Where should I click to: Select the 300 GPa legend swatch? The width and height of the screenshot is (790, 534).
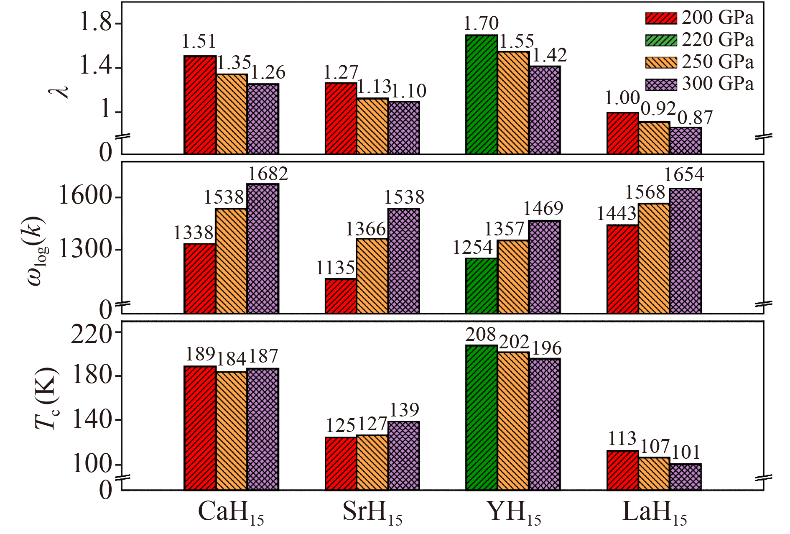(x=661, y=84)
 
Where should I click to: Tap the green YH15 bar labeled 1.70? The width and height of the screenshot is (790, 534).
(x=481, y=94)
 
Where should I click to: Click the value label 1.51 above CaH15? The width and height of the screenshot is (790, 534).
(x=199, y=41)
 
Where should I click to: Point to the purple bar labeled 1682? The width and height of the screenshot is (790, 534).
(x=262, y=248)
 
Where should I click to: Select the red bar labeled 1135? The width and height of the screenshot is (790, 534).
(x=341, y=296)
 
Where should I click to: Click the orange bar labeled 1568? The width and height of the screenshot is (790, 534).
(x=654, y=258)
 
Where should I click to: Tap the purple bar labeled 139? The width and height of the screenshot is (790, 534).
(x=403, y=455)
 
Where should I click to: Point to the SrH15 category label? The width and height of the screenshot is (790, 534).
(x=372, y=513)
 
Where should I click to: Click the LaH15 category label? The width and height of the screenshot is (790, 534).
(x=654, y=513)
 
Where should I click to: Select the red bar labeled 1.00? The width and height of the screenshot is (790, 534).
(x=622, y=133)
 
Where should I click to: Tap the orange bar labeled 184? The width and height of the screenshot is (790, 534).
(x=231, y=430)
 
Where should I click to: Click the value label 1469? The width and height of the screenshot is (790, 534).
(x=543, y=208)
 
